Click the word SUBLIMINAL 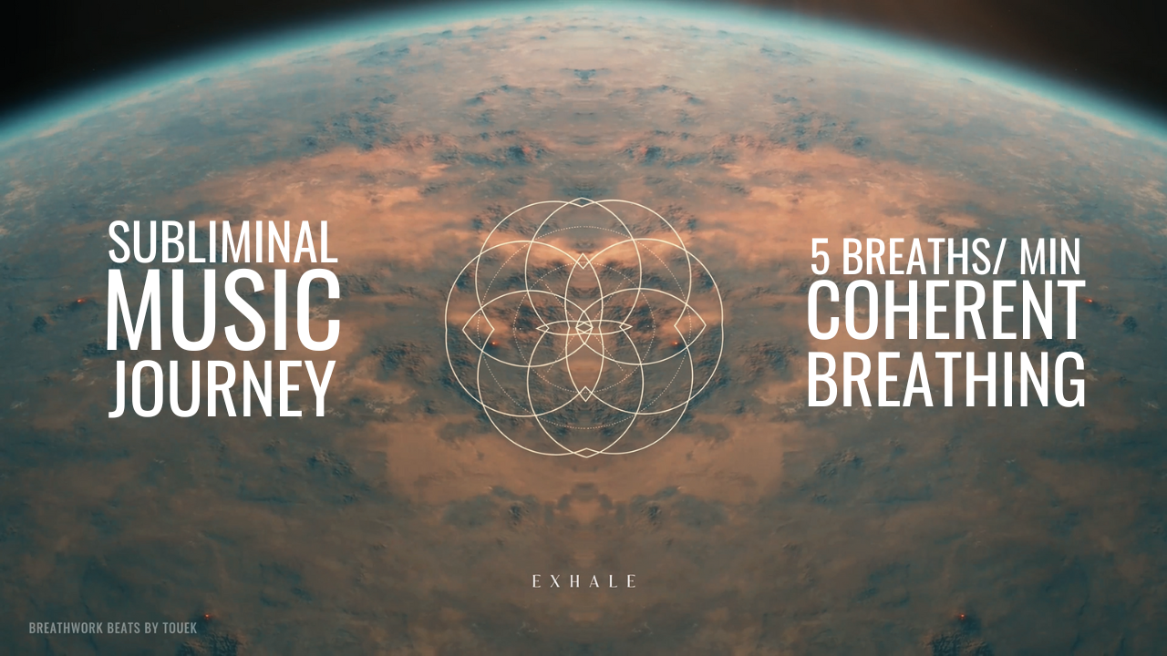223,242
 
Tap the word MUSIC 223,311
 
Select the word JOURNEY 222,388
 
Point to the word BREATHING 946,378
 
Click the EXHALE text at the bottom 584,581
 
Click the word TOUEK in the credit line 180,628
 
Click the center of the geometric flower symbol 584,327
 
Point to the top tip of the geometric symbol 584,198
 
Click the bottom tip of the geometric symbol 585,457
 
